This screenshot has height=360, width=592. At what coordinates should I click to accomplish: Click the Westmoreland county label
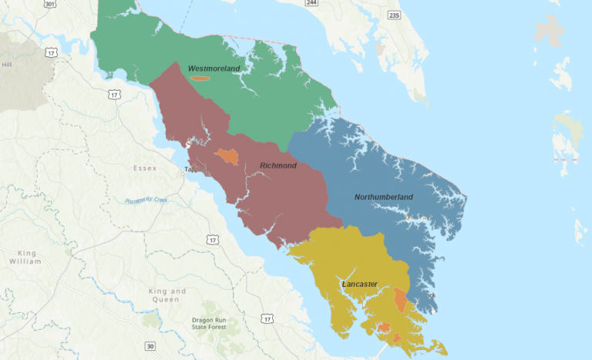214,69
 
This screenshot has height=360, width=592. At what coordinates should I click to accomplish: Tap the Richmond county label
277,166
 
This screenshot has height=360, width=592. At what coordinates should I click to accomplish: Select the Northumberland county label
383,197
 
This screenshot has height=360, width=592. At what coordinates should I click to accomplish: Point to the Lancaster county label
359,284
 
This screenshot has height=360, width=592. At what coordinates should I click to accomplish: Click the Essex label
144,168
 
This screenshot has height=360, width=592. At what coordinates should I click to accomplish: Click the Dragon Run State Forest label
211,324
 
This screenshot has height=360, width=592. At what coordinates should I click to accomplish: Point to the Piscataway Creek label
146,200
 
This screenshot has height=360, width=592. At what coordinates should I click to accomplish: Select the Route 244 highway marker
311,3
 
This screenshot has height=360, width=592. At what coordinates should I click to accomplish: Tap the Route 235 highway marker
394,15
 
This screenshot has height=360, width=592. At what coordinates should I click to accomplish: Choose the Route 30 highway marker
150,345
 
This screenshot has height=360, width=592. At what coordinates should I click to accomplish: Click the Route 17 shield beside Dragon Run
267,319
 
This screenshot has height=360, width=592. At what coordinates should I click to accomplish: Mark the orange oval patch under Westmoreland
200,77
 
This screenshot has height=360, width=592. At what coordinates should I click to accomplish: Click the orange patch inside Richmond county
227,156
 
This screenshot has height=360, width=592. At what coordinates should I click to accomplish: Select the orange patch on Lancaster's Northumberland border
400,299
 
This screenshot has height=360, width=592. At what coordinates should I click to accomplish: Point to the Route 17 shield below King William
211,241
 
